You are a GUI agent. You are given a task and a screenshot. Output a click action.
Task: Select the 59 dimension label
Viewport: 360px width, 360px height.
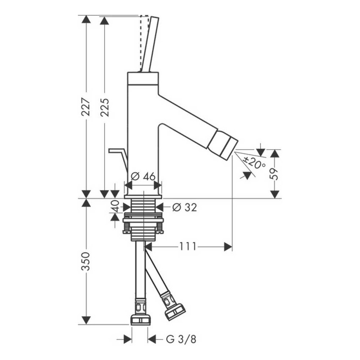tap(275, 174)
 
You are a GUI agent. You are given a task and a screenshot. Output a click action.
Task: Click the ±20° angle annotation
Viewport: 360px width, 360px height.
tap(255, 163)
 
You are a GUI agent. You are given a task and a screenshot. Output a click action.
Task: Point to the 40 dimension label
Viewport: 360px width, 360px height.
tap(115, 207)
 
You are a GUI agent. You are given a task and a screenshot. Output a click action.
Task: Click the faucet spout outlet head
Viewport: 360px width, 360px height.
tap(223, 145)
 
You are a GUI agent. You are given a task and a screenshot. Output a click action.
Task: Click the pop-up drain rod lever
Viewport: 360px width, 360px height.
tap(119, 155)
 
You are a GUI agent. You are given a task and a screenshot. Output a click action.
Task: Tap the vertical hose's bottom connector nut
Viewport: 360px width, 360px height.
tap(141, 319)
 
